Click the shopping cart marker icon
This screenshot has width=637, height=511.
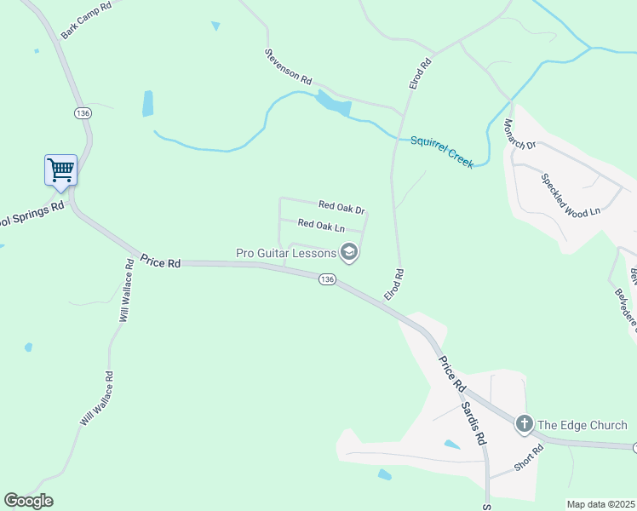(60, 169)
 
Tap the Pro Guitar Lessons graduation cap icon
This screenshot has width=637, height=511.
(348, 251)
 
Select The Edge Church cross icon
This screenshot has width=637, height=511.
(524, 423)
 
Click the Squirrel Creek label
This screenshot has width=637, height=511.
(442, 152)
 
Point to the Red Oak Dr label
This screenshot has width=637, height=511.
(341, 207)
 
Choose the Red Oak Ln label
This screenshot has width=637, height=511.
(321, 226)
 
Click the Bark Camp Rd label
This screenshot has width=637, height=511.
(87, 20)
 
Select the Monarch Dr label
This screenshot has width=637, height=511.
(519, 132)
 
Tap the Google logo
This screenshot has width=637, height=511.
(28, 501)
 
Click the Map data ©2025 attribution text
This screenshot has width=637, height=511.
(600, 504)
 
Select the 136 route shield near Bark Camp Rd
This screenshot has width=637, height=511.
(83, 113)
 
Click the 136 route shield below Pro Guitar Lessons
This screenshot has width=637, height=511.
(326, 278)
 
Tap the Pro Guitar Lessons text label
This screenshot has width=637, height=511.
(285, 252)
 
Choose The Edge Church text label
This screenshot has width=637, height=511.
(582, 425)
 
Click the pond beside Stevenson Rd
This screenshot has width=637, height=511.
(334, 105)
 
